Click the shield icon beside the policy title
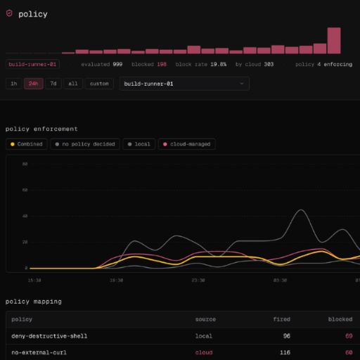point(9,13)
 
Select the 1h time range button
point(14,84)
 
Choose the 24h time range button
point(33,84)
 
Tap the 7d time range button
point(53,84)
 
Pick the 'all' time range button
point(73,84)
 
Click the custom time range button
point(99,84)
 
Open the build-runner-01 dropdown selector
point(184,84)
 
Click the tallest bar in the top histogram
point(334,41)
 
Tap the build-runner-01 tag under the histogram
point(32,64)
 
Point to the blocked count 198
point(162,64)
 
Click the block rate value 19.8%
point(218,64)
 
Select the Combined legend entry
point(27,144)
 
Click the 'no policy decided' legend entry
point(85,144)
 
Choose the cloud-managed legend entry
point(187,144)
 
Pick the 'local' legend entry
point(139,144)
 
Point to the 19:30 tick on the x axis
point(116,281)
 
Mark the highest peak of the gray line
point(301,210)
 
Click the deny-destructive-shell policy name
point(49,336)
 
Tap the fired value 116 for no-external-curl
point(285,352)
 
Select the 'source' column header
point(205,319)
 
